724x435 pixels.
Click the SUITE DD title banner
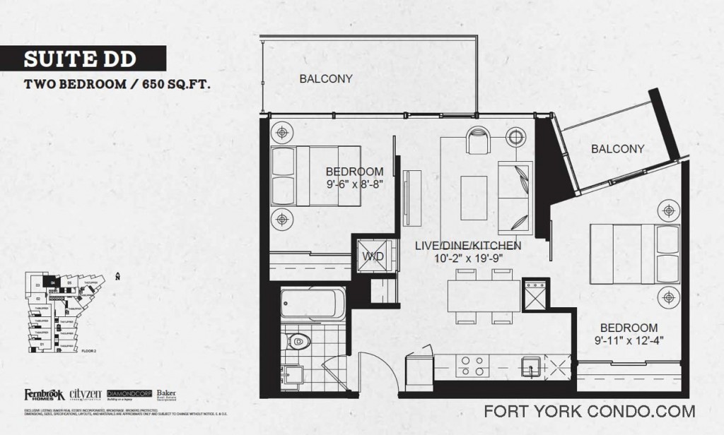click(83, 58)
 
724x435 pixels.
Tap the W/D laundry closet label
click(373, 256)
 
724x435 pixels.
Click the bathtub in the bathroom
click(312, 304)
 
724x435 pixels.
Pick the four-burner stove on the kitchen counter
click(472, 365)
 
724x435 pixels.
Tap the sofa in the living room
click(514, 198)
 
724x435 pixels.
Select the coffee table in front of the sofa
click(474, 198)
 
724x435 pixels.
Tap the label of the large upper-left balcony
click(325, 79)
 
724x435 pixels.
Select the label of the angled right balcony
click(617, 149)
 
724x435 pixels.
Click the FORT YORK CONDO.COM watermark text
click(590, 411)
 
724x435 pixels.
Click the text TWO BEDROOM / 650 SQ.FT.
click(118, 84)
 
